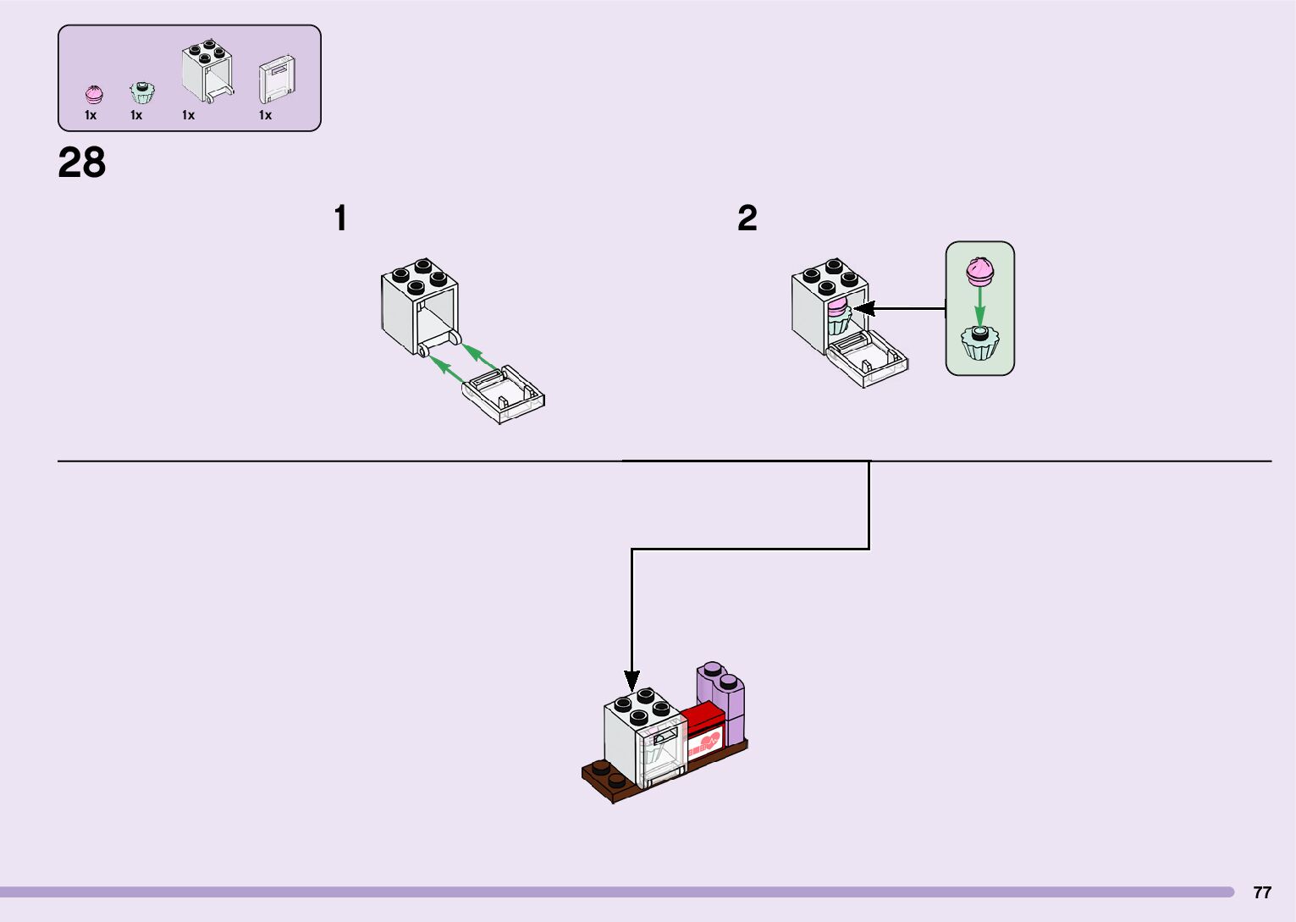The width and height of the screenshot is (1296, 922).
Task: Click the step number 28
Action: coord(82,163)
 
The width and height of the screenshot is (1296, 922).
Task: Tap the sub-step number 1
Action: coord(340,218)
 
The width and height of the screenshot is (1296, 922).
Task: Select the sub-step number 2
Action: coord(747,218)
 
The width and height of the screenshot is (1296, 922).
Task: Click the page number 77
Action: coord(1261,892)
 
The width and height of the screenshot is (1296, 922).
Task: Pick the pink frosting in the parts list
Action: coord(93,93)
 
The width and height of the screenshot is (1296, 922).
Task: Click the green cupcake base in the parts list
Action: coord(141,91)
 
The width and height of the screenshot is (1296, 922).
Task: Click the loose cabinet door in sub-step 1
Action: coord(504,394)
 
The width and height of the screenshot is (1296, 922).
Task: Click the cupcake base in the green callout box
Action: coord(980,343)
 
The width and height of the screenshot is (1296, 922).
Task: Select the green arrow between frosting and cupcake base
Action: coord(979,307)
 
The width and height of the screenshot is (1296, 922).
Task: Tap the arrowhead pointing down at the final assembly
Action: coord(631,679)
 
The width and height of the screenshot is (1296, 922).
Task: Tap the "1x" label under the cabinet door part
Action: coord(265,115)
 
